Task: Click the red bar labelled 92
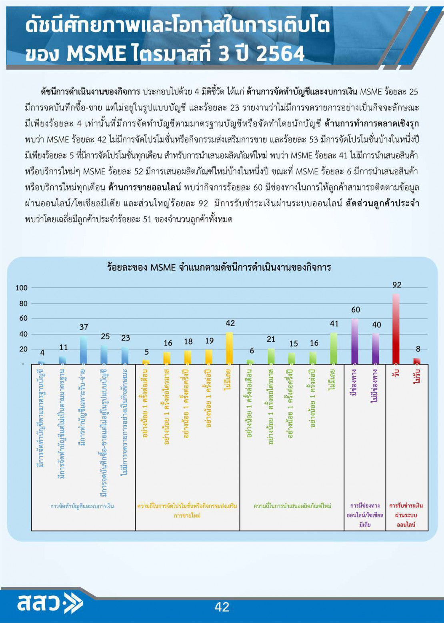click(396, 329)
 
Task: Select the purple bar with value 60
click(355, 341)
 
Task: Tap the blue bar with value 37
click(84, 350)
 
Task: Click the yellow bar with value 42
click(229, 348)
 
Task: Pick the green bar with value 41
click(334, 348)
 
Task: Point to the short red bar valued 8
click(417, 361)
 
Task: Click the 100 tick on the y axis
click(22, 288)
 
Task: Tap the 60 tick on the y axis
click(24, 319)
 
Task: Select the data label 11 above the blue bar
click(63, 347)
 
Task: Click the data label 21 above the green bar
click(271, 339)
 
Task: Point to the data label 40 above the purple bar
click(376, 325)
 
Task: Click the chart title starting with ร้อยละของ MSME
click(219, 267)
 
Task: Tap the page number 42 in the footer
click(222, 607)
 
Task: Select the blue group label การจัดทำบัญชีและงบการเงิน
click(82, 506)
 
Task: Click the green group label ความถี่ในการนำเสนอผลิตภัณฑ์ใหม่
click(292, 506)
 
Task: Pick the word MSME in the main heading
click(96, 54)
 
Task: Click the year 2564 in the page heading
click(280, 54)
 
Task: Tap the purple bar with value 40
click(376, 349)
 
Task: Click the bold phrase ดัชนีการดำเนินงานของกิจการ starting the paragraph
click(90, 92)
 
